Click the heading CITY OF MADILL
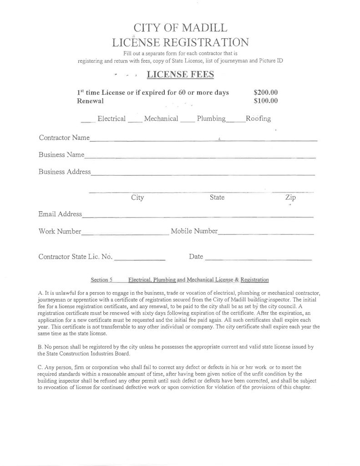180,27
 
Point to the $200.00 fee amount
265,92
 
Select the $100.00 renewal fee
265,101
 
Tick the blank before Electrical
88,121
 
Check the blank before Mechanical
135,121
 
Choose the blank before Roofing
235,121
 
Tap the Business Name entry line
200,157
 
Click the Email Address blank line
198,216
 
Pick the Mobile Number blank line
266,233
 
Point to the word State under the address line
217,198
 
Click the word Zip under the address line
290,198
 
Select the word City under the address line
137,198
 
